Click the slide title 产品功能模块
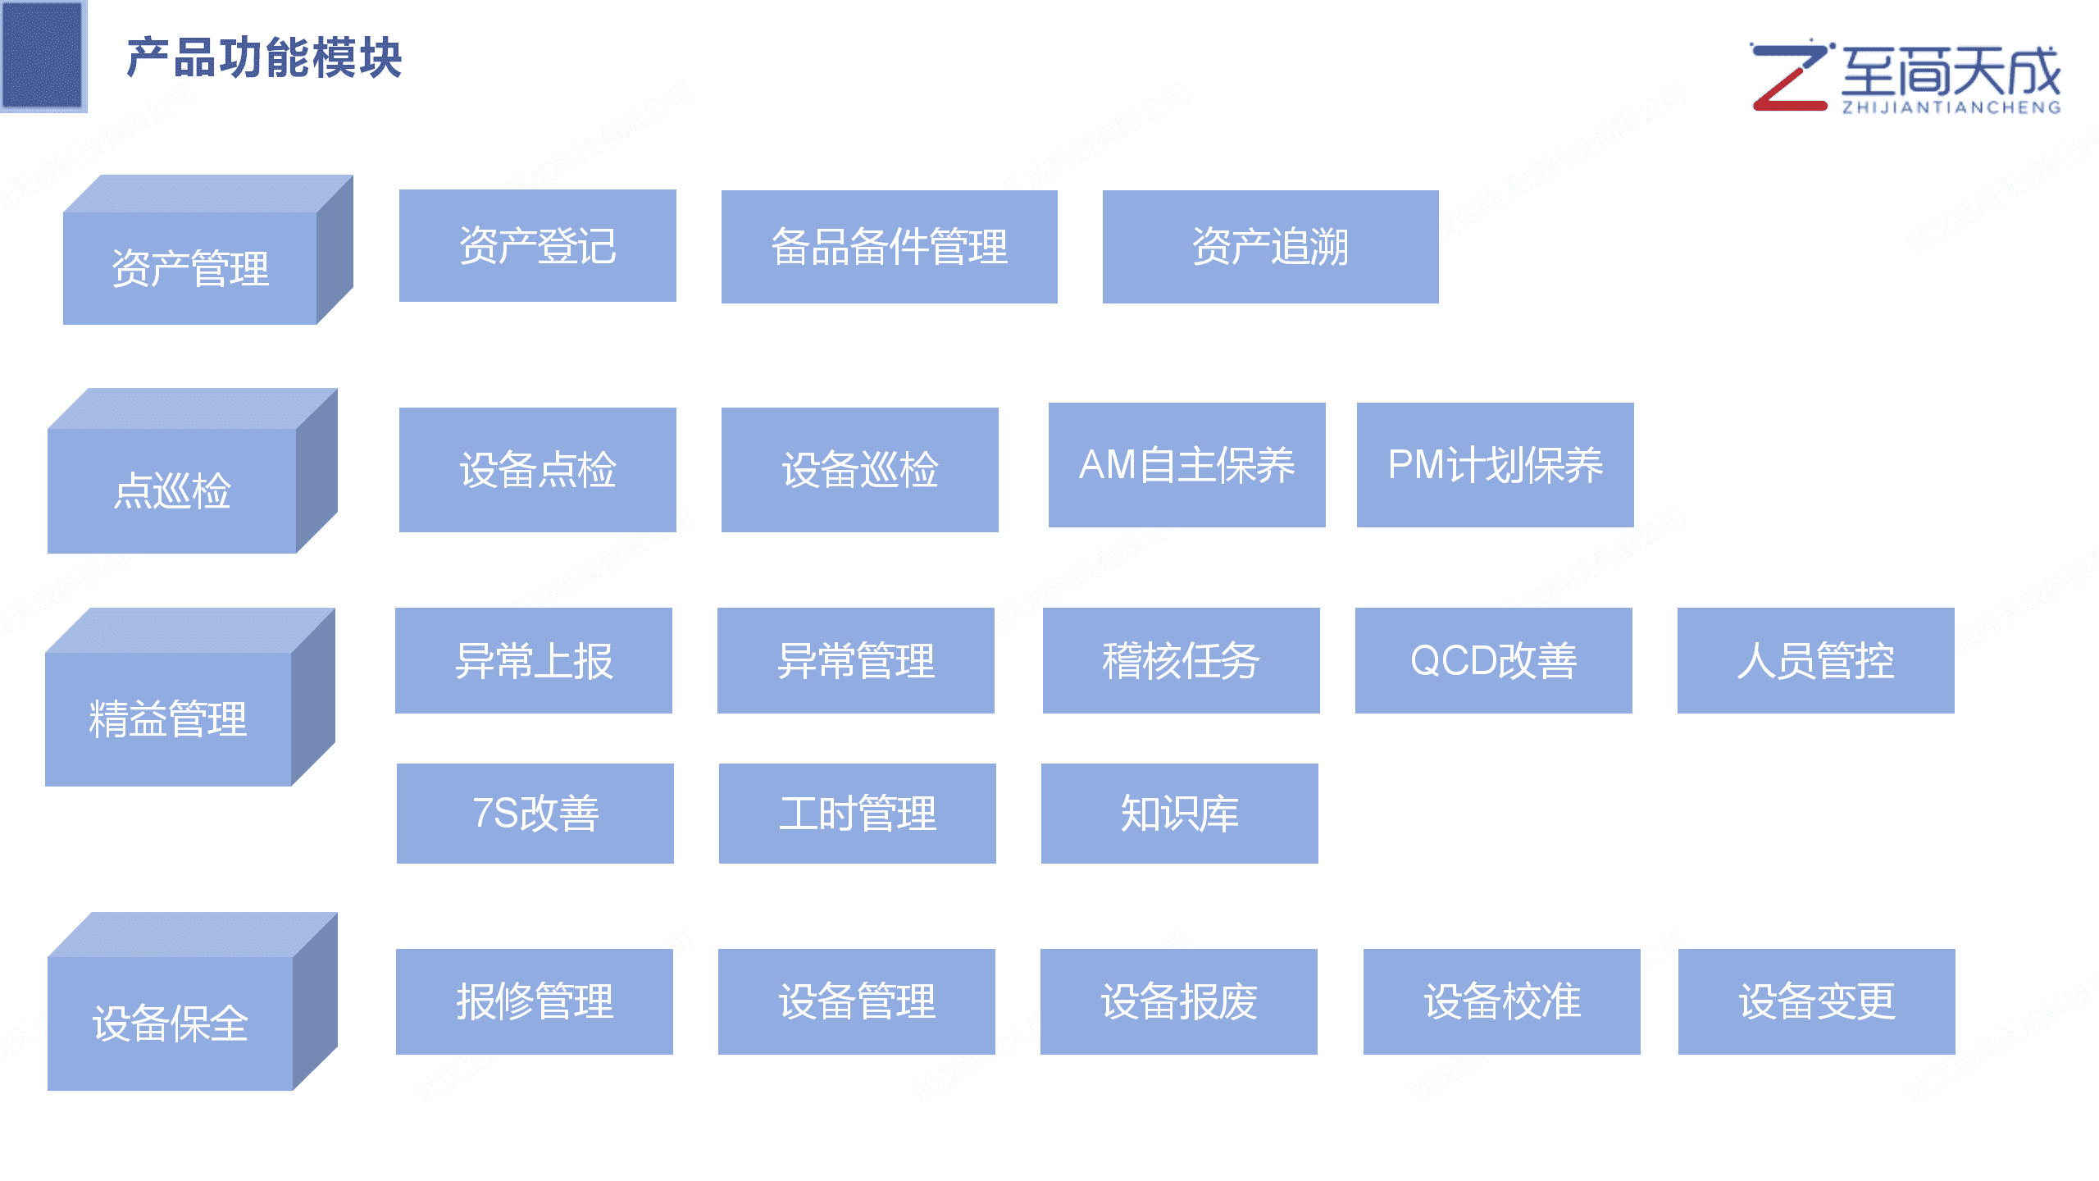point(264,58)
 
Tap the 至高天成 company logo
point(1905,78)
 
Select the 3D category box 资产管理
point(190,267)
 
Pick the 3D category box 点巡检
point(172,490)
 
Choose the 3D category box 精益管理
point(168,718)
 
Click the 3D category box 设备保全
point(171,1022)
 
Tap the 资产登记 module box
point(537,246)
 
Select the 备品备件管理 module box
point(889,247)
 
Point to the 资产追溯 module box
point(1270,247)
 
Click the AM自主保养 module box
point(1186,465)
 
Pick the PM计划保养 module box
point(1495,465)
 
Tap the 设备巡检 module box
point(859,470)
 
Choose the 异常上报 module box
point(533,660)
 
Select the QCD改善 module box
point(1493,660)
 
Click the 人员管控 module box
point(1815,660)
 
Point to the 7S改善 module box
point(535,813)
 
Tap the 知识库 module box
point(1179,813)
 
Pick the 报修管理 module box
point(534,1001)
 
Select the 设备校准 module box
point(1501,1001)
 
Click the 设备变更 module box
point(1816,1001)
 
